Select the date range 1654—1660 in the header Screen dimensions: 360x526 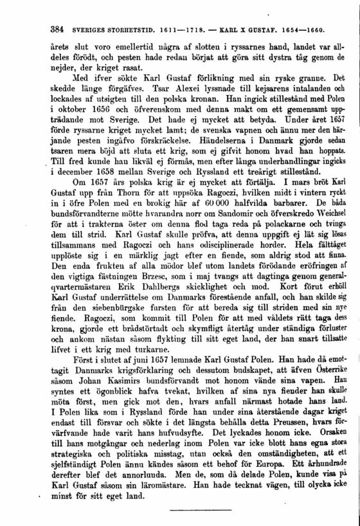click(302, 30)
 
